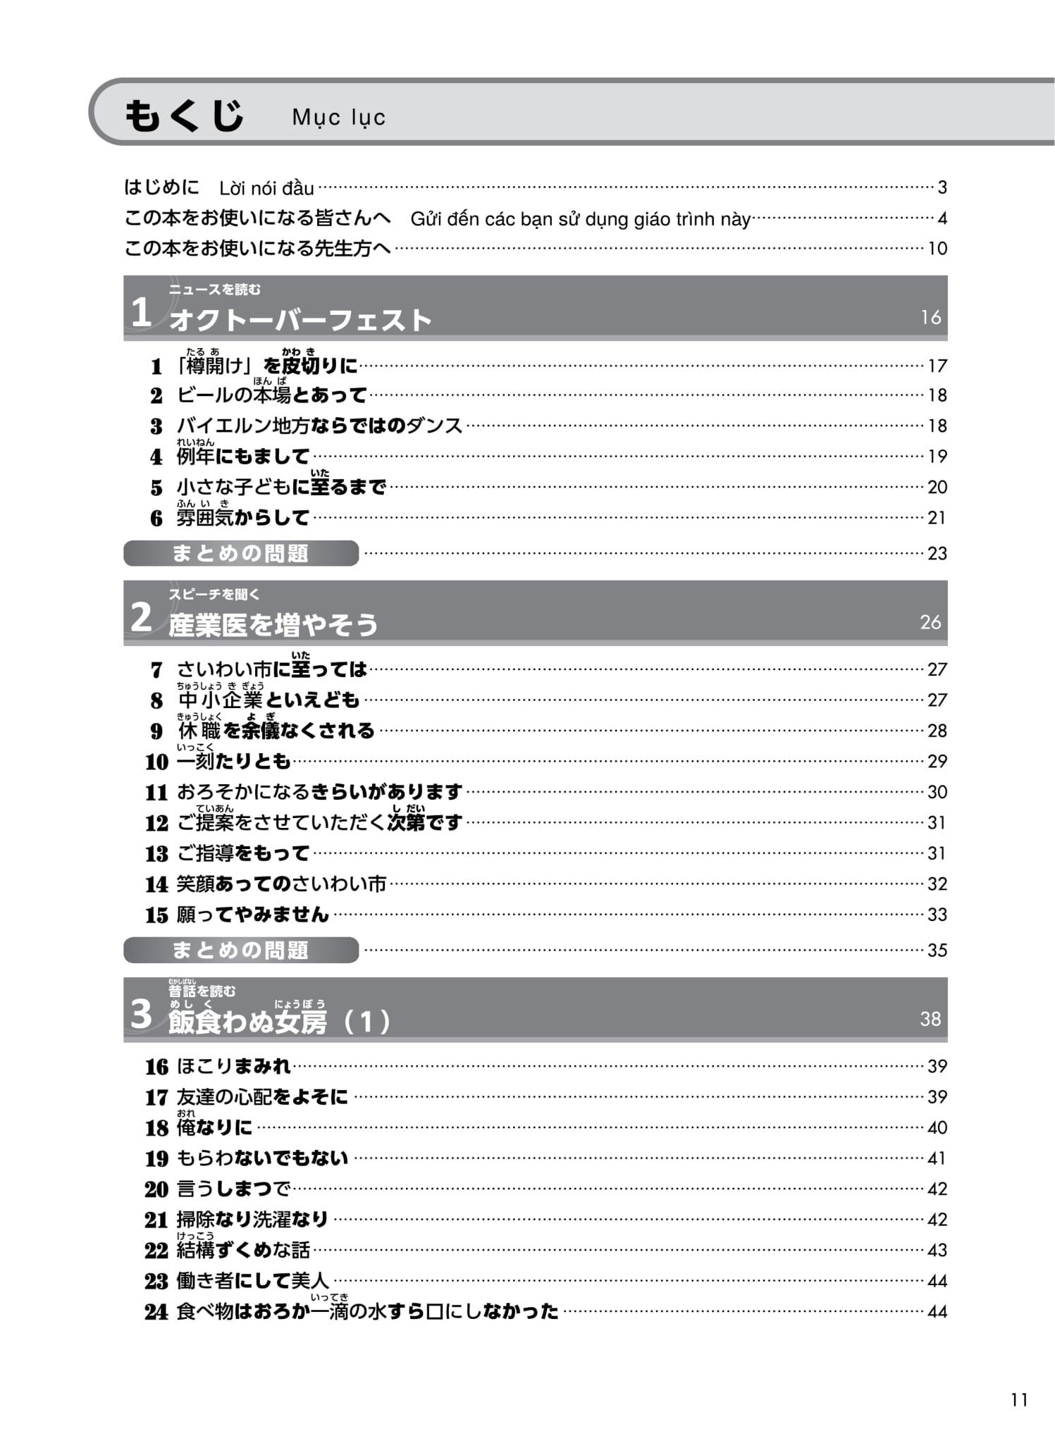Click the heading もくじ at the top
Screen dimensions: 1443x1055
tap(184, 116)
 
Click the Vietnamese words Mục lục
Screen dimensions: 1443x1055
tap(338, 117)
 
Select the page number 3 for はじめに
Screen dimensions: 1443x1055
tap(942, 187)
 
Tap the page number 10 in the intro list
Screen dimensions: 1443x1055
tap(937, 249)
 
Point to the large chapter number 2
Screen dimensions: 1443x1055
tap(141, 618)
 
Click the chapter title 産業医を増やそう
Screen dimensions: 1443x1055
tap(273, 625)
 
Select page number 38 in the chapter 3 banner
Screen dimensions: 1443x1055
tap(930, 1019)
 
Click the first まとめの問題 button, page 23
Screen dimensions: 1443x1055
tap(240, 554)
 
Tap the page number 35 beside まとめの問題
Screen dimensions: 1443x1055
tap(937, 950)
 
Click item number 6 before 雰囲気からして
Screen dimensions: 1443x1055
tap(156, 519)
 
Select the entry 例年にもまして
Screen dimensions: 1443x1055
tap(242, 457)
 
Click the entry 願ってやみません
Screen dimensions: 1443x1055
tap(252, 915)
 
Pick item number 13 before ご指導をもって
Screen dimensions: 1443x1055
tap(156, 854)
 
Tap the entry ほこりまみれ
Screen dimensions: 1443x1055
tap(233, 1066)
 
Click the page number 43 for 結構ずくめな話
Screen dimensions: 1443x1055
tap(937, 1251)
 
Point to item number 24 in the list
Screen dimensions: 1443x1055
tap(156, 1312)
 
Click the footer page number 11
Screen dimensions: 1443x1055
tap(1019, 1400)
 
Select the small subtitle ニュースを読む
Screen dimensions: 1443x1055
tap(214, 290)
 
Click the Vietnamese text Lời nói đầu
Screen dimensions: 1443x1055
tap(266, 188)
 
